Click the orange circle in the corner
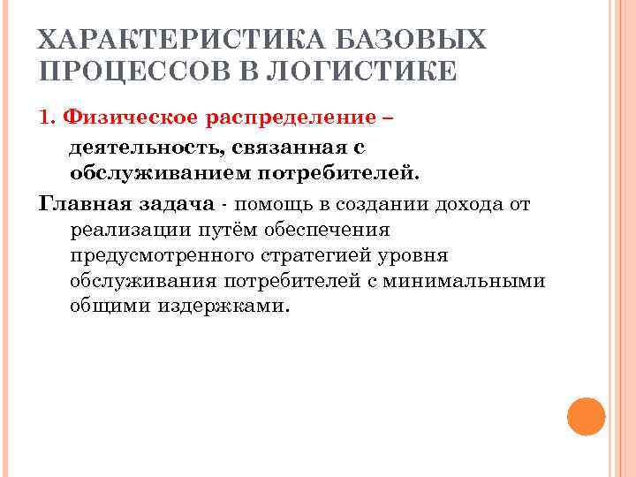click(585, 413)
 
